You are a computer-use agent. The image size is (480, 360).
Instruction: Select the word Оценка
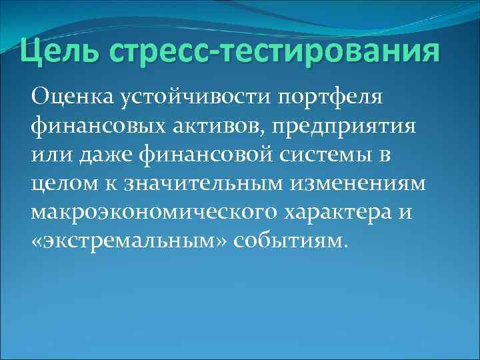[73, 98]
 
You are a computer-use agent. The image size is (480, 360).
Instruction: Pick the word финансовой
[197, 155]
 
